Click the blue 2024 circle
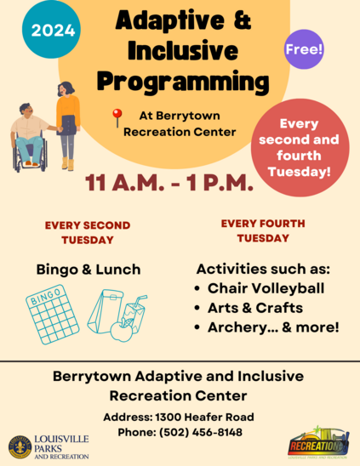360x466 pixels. pyautogui.click(x=54, y=31)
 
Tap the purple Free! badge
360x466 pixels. pyautogui.click(x=304, y=48)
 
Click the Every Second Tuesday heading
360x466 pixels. pyautogui.click(x=88, y=232)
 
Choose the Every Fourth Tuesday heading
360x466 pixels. pyautogui.click(x=262, y=230)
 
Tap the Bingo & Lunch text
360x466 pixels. pyautogui.click(x=89, y=270)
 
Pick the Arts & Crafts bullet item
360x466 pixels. pyautogui.click(x=254, y=307)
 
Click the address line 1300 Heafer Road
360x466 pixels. pyautogui.click(x=179, y=417)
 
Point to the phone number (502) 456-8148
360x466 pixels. pyautogui.click(x=179, y=433)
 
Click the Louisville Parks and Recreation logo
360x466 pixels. pyautogui.click(x=49, y=446)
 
